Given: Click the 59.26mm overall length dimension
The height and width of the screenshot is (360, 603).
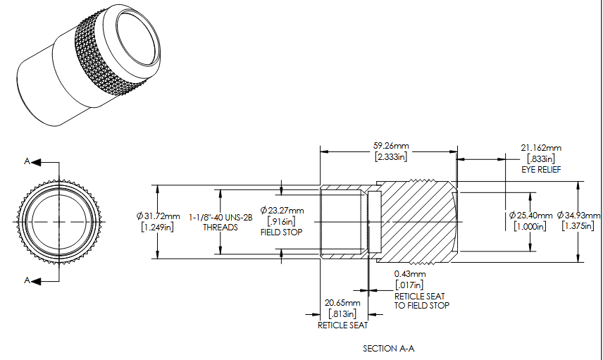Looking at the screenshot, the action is point(391,146).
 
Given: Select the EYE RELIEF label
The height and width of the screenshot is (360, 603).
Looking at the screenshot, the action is point(541,170).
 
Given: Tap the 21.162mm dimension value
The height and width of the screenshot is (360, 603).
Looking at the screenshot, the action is point(541,148).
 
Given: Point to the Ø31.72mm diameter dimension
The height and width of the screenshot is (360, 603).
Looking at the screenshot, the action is point(158,216).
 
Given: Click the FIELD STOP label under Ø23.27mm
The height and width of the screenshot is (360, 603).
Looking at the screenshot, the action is point(282,232).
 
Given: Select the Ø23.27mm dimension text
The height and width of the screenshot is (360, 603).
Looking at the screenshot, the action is point(282,211).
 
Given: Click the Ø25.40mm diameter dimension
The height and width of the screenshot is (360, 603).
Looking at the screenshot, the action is point(530,216).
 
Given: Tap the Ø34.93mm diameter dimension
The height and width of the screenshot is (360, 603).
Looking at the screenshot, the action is point(578,216).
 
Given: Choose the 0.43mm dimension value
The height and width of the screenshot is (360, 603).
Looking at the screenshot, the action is point(410,274).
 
